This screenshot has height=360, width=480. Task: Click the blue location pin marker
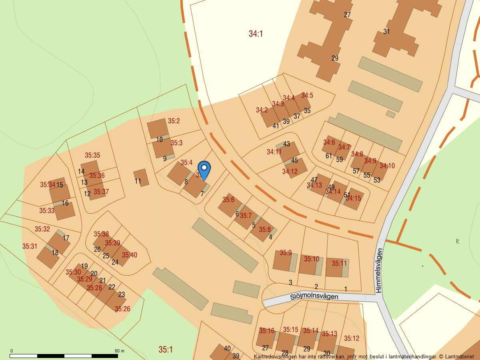[x=204, y=170]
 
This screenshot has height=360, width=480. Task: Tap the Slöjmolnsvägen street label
[x=314, y=296]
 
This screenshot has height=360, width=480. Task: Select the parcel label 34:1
[x=256, y=34]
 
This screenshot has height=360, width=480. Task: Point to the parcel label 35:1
[x=165, y=350]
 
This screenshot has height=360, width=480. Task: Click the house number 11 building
[x=141, y=177]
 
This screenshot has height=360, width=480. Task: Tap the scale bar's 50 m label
[x=120, y=351]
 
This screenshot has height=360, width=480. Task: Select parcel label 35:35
[x=92, y=155]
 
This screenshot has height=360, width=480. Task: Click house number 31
[x=386, y=32]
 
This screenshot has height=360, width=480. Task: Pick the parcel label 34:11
[x=274, y=152]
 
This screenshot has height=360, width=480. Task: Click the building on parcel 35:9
[x=282, y=261]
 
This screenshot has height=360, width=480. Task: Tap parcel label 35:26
[x=122, y=309]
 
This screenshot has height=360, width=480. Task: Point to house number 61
[x=329, y=156]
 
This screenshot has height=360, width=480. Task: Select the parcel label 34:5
[x=307, y=95]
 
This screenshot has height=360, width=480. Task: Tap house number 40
[x=227, y=348]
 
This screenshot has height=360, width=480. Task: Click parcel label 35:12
[x=352, y=338]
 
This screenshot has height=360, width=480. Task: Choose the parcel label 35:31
[x=29, y=246]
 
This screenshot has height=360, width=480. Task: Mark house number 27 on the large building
[x=347, y=15]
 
